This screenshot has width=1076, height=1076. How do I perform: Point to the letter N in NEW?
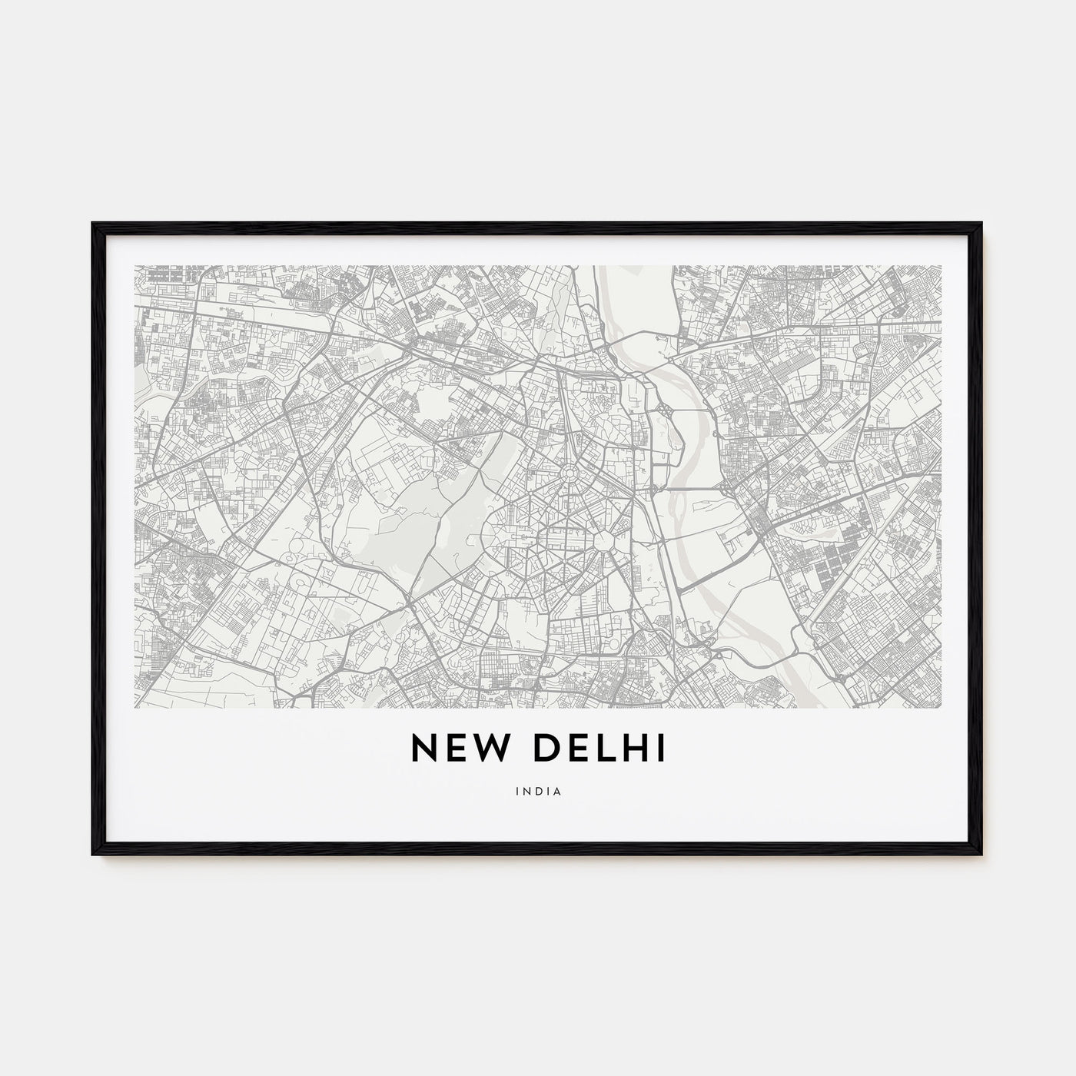pyautogui.click(x=423, y=748)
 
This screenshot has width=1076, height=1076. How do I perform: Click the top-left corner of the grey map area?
pyautogui.click(x=135, y=267)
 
